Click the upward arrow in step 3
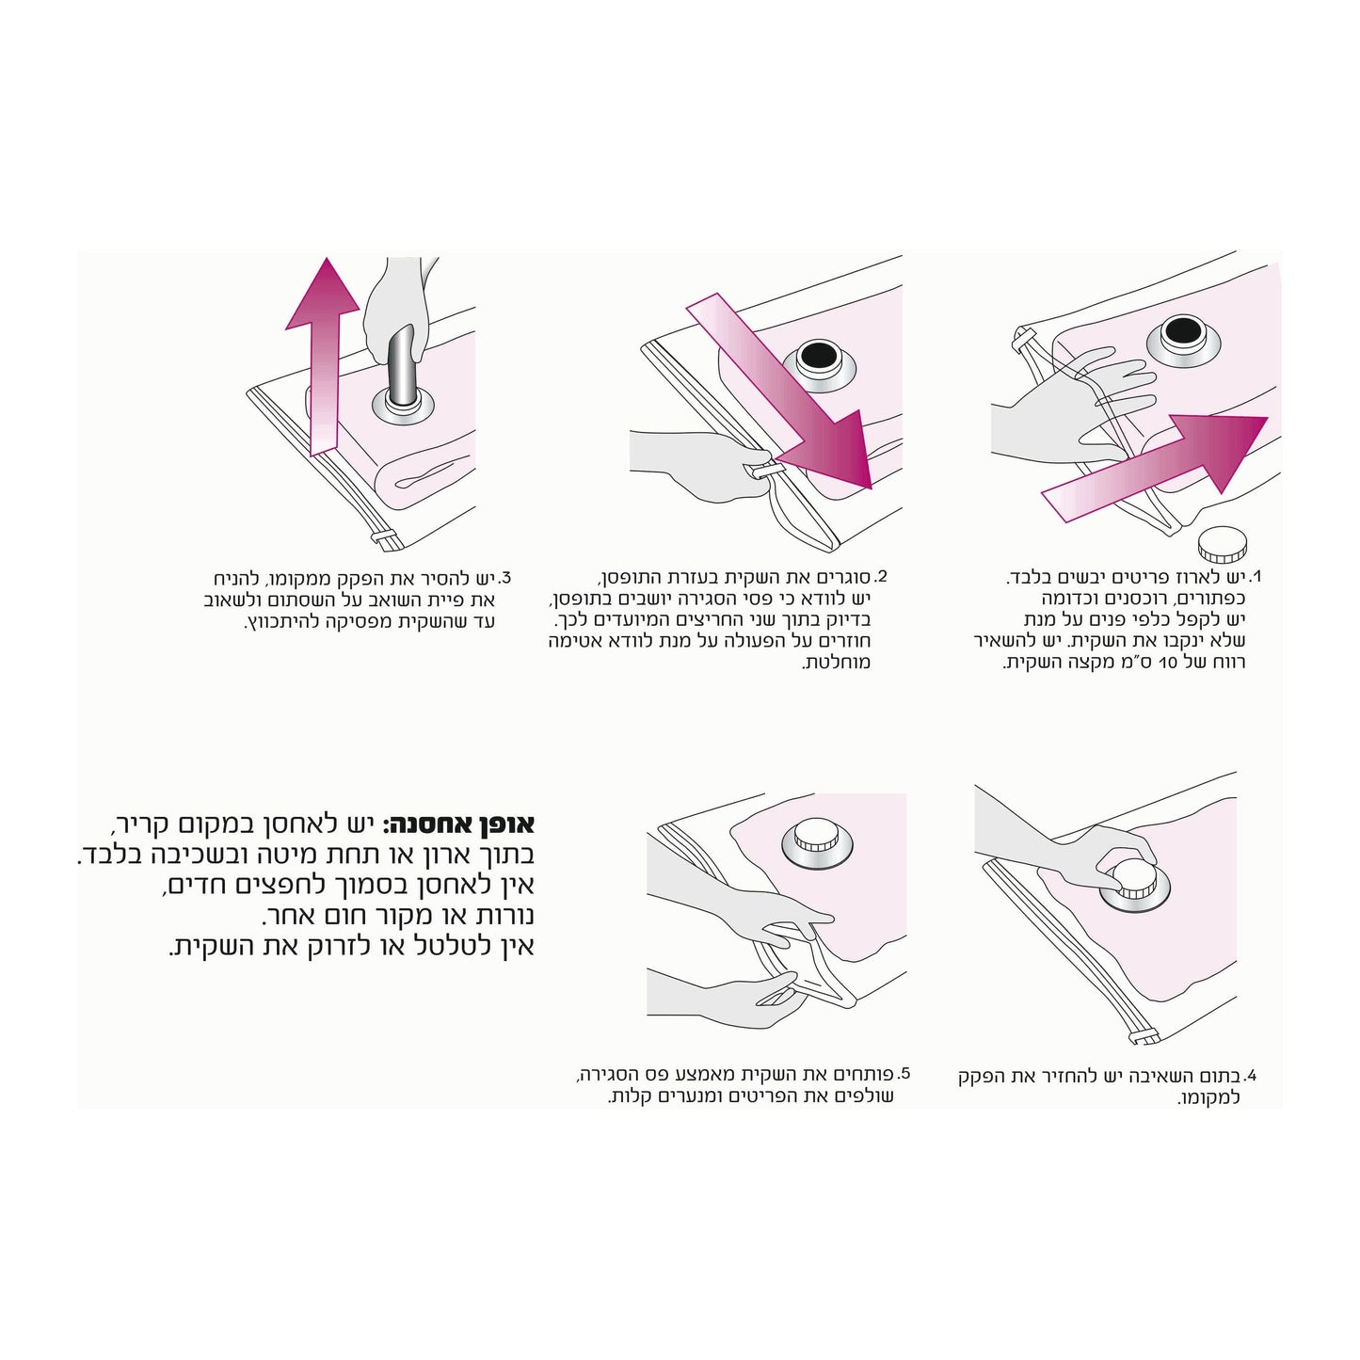(x=322, y=357)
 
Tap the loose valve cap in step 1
(x=1222, y=543)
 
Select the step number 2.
(x=880, y=577)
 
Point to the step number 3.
(x=504, y=577)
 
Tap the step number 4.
(x=1250, y=1076)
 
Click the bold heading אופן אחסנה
(x=458, y=824)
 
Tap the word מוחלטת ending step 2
(x=836, y=663)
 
